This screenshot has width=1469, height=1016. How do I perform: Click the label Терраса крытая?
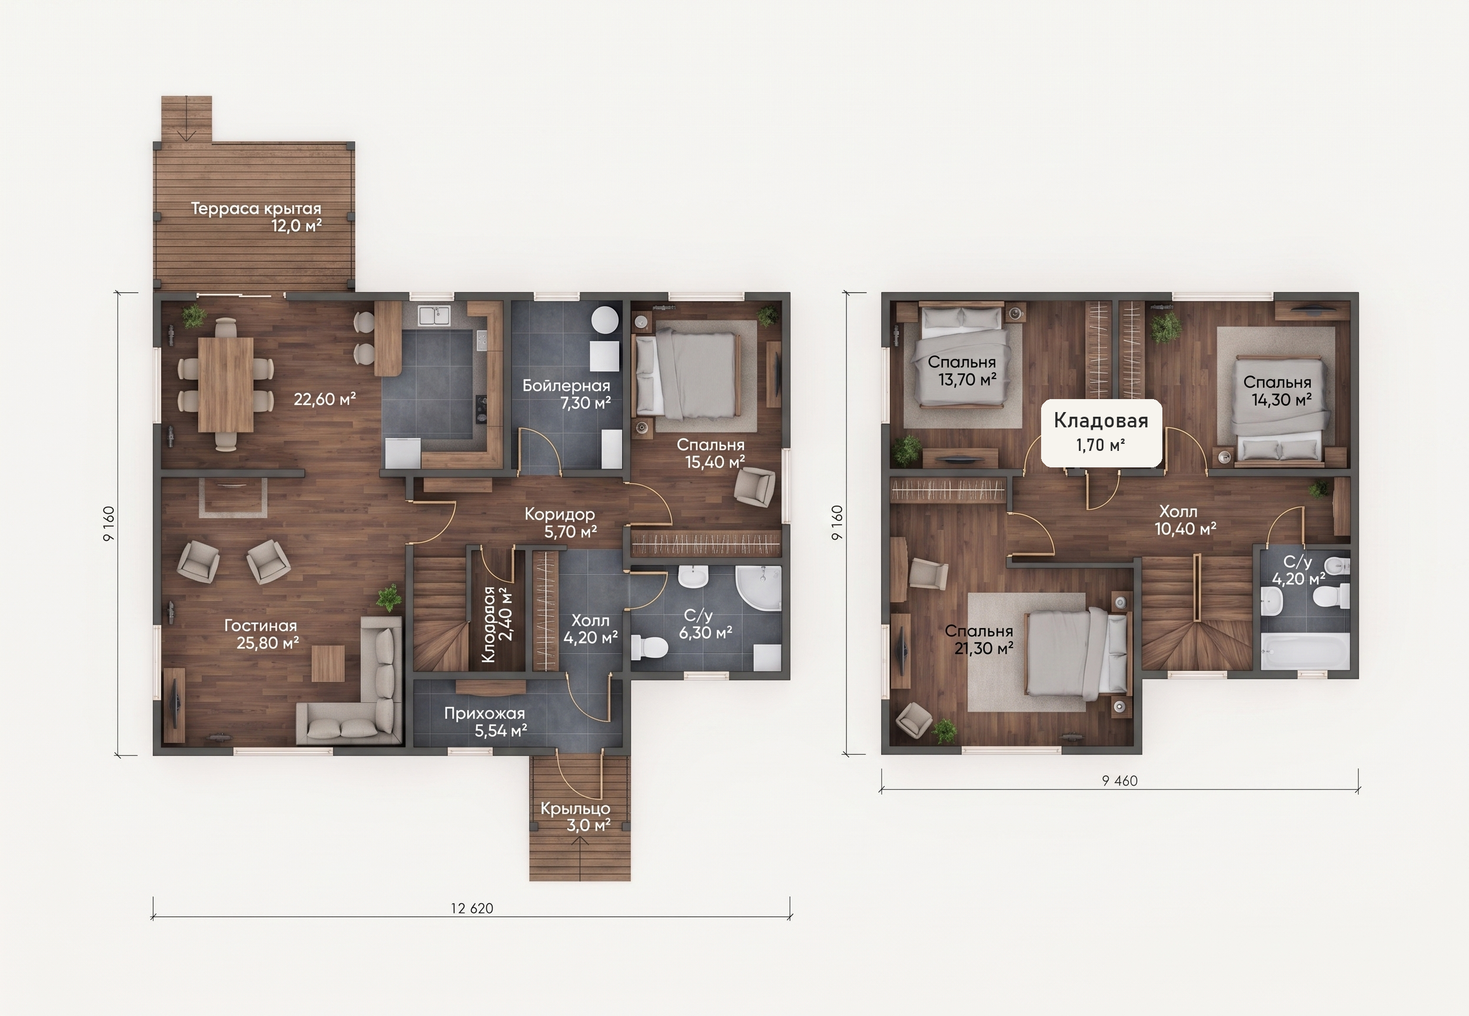(256, 208)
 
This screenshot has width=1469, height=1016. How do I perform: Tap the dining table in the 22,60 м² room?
(225, 384)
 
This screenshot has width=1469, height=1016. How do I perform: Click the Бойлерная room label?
(566, 385)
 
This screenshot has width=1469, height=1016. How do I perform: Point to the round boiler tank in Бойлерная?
(604, 320)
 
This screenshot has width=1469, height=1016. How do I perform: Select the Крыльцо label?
(576, 808)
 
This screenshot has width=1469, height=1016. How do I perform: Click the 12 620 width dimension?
(471, 908)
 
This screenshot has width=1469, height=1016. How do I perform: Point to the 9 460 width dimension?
(1119, 781)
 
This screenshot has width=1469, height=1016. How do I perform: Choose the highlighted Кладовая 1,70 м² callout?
(1101, 433)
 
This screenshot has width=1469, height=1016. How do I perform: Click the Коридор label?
(560, 513)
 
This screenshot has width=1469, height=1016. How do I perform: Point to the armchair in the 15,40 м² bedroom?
(755, 487)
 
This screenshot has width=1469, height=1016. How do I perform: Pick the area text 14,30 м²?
(1282, 399)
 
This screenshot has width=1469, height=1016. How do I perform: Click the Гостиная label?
(260, 625)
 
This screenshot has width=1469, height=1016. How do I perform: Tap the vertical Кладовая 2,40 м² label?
(497, 625)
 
